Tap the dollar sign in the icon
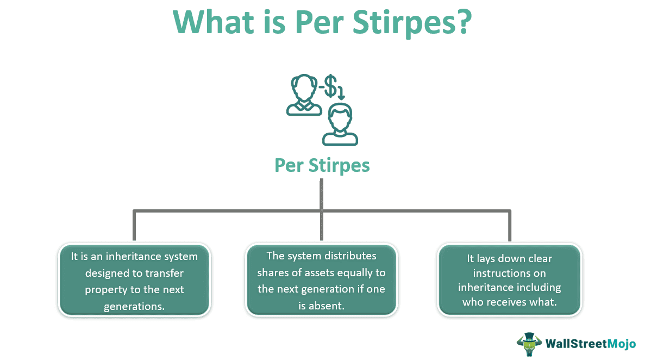point(330,86)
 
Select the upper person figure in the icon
point(304,95)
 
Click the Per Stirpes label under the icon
point(322,165)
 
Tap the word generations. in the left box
point(134,307)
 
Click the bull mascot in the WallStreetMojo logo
point(529,344)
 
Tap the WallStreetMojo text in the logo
point(590,344)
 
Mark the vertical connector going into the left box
point(134,225)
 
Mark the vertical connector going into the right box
point(510,225)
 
